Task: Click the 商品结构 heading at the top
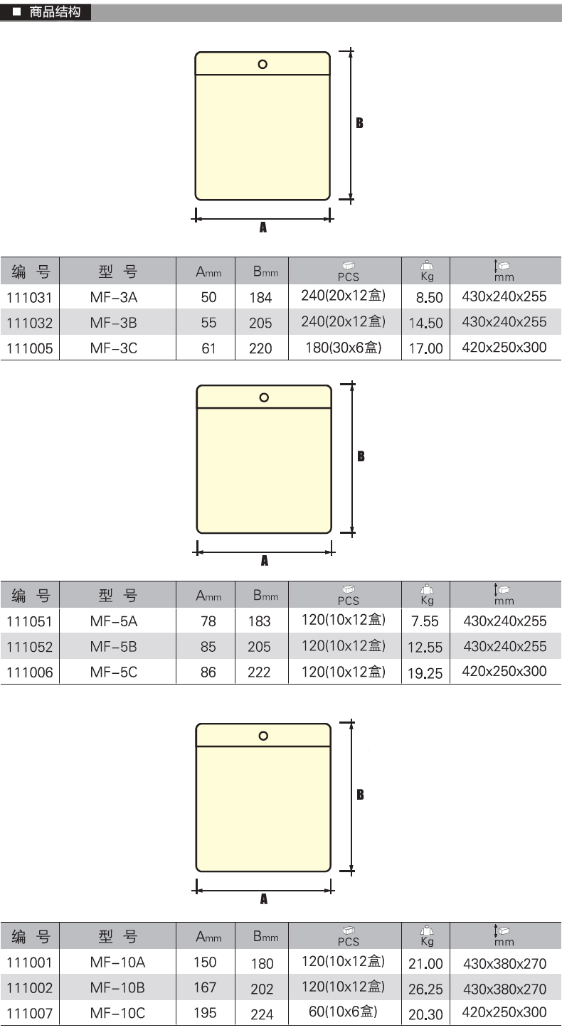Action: click(x=55, y=12)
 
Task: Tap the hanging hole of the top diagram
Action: click(x=263, y=65)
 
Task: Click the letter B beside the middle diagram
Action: click(x=361, y=456)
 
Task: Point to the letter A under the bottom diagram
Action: click(x=264, y=899)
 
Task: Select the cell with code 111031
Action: click(x=29, y=297)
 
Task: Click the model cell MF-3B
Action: click(x=114, y=323)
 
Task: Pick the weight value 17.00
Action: click(x=425, y=348)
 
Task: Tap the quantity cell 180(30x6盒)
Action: click(x=343, y=348)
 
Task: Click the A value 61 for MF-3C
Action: click(x=208, y=348)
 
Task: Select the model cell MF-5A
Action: click(x=114, y=621)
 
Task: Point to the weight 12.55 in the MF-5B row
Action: click(x=425, y=648)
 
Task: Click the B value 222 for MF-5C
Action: click(x=260, y=672)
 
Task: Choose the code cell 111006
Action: click(x=29, y=672)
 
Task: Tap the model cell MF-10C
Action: click(x=117, y=1013)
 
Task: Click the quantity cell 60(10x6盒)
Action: click(x=343, y=1012)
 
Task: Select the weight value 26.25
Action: click(x=425, y=989)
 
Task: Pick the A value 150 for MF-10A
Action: click(x=205, y=962)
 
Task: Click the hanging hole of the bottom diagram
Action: click(x=263, y=736)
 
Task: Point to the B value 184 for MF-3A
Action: click(x=260, y=298)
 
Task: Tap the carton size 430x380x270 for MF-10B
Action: click(x=504, y=988)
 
